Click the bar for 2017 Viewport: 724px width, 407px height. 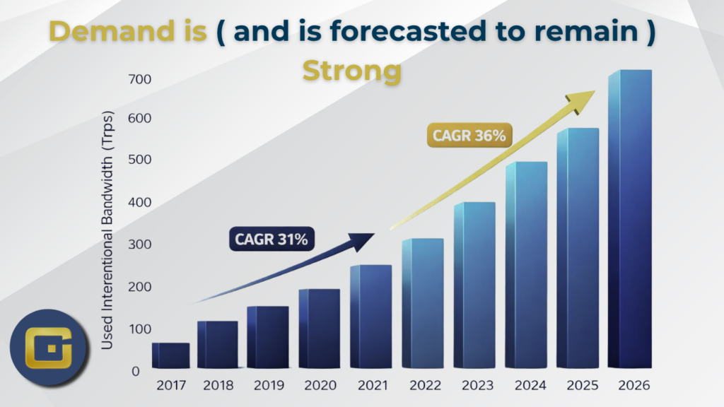[170, 355]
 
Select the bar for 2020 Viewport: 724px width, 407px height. [319, 329]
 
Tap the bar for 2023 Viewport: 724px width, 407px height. [474, 285]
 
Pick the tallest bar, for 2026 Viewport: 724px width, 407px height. [630, 219]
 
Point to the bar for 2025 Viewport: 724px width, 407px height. [578, 248]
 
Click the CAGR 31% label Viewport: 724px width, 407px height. [272, 240]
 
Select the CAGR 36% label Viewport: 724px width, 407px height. [469, 135]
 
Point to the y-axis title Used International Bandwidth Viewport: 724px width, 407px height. [108, 230]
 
